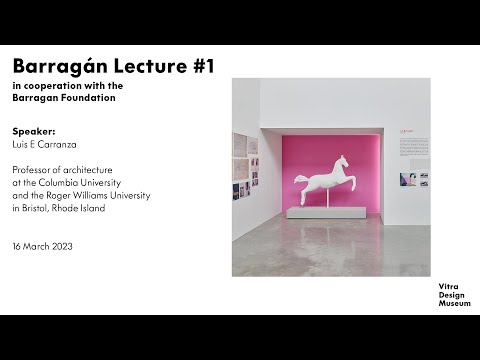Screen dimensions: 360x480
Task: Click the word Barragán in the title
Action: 52,66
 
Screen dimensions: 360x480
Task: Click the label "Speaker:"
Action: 35,131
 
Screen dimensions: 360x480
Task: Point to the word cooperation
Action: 55,87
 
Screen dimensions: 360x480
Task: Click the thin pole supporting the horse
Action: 321,197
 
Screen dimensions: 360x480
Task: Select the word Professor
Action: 36,169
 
